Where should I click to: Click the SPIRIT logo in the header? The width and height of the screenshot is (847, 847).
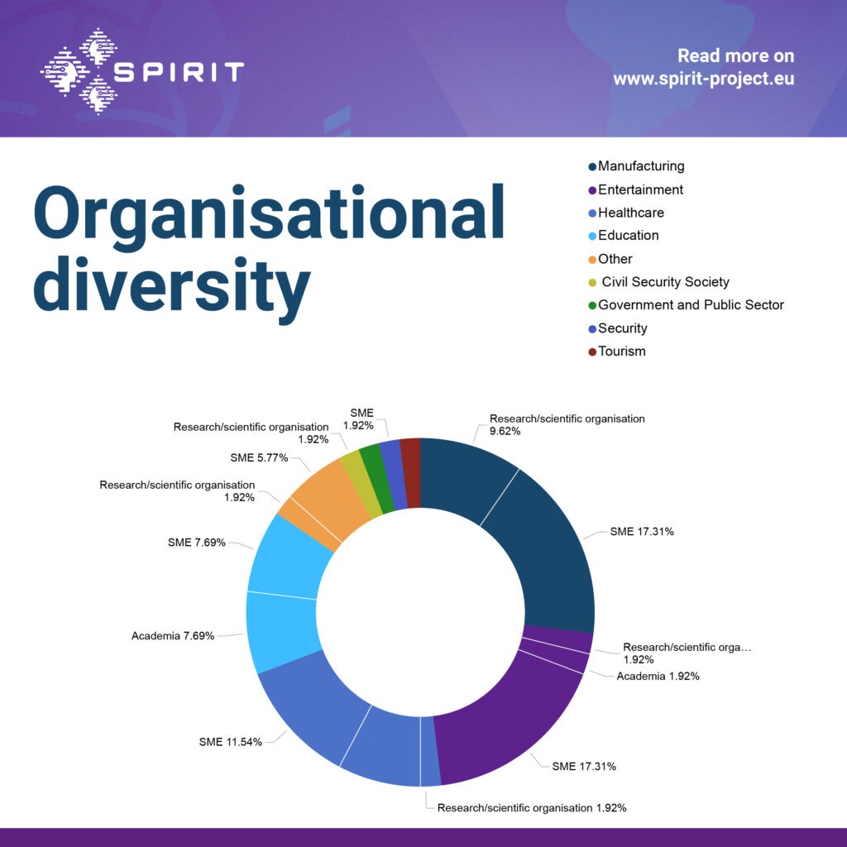tap(141, 71)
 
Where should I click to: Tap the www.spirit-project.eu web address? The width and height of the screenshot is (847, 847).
tap(703, 80)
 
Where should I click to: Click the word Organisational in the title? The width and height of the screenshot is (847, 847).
tap(269, 213)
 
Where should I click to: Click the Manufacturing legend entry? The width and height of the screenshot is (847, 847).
tap(640, 166)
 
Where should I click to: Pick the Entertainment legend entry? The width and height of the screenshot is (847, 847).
tap(640, 189)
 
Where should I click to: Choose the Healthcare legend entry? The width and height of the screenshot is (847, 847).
tap(630, 213)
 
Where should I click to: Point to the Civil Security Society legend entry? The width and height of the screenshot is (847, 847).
tap(664, 282)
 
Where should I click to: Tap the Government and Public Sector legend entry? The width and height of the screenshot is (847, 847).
tap(691, 305)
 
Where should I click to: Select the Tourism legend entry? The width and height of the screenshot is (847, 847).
tap(621, 352)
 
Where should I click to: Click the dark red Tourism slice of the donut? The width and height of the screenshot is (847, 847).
tap(411, 459)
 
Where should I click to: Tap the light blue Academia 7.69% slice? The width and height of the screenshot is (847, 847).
tap(281, 633)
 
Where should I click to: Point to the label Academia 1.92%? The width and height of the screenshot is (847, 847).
tap(658, 677)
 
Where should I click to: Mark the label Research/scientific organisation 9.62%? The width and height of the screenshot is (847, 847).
tap(567, 425)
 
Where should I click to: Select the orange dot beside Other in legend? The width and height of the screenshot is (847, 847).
tap(591, 260)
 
